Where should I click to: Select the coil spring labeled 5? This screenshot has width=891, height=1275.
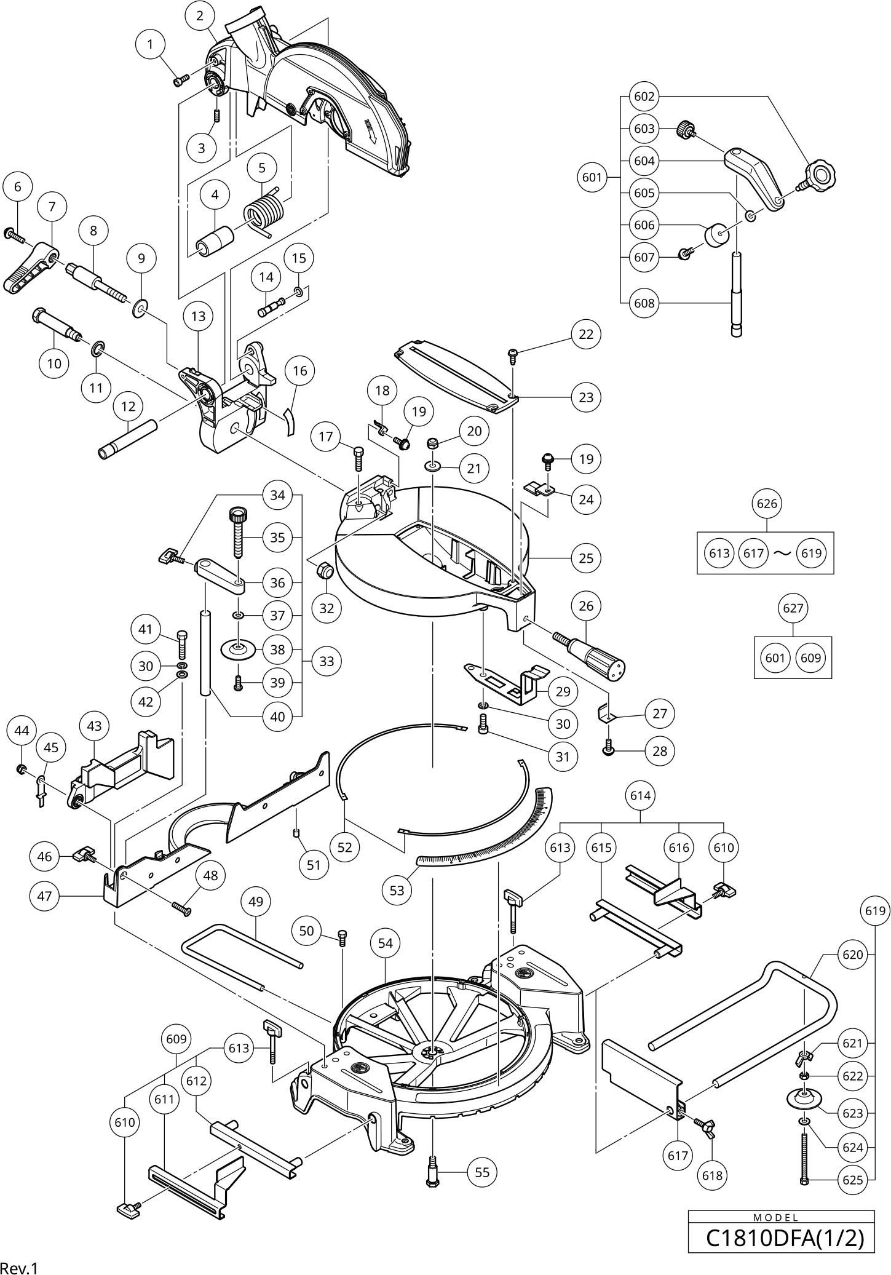[265, 210]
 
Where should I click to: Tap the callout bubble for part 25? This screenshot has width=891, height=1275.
[586, 558]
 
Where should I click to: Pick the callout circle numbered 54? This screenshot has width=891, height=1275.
[385, 943]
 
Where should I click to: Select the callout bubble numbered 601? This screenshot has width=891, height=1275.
[592, 178]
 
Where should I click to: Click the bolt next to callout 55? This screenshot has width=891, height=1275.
[432, 1172]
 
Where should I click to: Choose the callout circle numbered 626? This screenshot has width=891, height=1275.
[767, 504]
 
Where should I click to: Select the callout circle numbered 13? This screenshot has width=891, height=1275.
[198, 316]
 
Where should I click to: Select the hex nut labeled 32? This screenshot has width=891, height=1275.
[325, 571]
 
